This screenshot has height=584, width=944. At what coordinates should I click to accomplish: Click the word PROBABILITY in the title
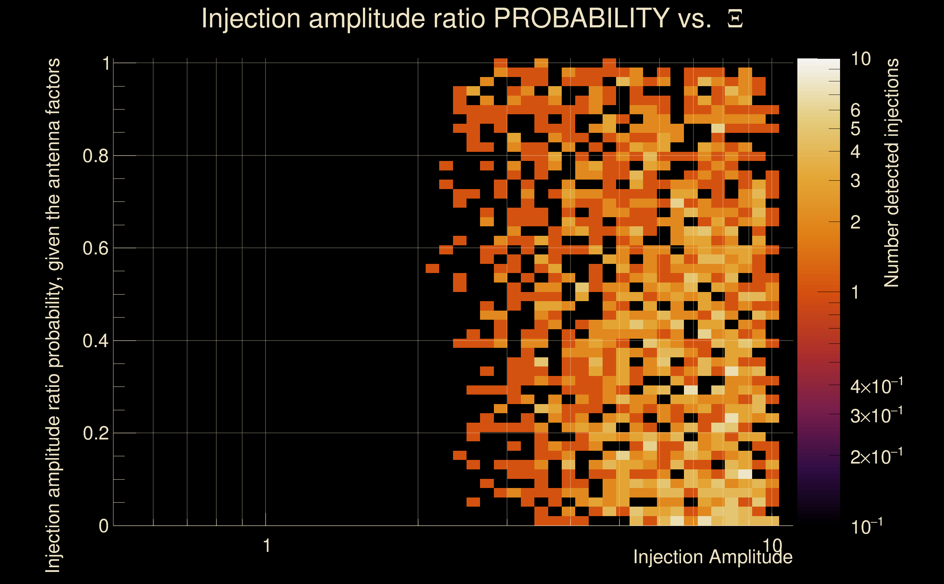(x=581, y=18)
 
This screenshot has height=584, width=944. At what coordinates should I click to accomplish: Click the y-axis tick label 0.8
(x=95, y=156)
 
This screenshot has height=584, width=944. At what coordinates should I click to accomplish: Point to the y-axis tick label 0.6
(x=95, y=248)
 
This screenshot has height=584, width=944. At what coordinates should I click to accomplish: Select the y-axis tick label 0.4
(x=95, y=341)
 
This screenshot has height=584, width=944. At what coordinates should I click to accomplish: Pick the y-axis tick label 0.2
(x=95, y=433)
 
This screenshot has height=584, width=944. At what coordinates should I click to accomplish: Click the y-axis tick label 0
(x=104, y=526)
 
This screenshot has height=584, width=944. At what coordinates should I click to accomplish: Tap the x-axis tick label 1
(x=266, y=546)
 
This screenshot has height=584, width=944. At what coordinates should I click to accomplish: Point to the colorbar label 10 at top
(x=860, y=59)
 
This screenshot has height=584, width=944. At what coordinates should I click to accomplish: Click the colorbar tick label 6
(x=855, y=111)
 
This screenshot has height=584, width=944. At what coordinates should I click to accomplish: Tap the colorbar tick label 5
(x=855, y=128)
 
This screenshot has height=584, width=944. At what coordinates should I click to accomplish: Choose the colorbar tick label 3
(x=855, y=181)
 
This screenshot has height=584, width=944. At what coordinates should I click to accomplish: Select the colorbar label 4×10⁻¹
(x=876, y=387)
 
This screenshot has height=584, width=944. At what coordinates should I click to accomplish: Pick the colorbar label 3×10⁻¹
(x=876, y=416)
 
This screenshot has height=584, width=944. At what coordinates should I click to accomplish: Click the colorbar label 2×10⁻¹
(x=876, y=457)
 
